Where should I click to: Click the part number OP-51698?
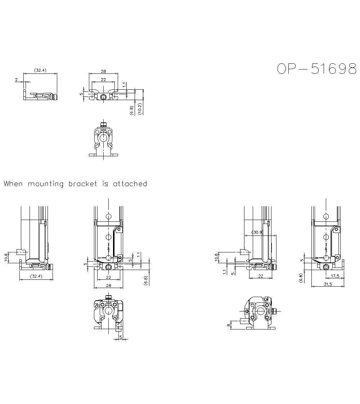point(317,69)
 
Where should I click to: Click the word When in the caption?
point(13,184)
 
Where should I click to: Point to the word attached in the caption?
point(130,184)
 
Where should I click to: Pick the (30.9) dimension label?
point(258,232)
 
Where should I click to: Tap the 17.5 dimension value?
point(335,276)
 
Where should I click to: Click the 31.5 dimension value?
point(327,284)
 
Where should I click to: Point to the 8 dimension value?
point(228,325)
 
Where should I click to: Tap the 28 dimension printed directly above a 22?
point(103,71)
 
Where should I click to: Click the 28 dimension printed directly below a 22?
point(108,285)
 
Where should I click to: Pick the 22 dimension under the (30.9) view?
point(260,276)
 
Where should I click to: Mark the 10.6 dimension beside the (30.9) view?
point(217,257)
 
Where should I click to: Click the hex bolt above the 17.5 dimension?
point(326,267)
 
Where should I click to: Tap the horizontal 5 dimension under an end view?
point(121,337)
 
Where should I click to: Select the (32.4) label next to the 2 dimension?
point(40,70)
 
